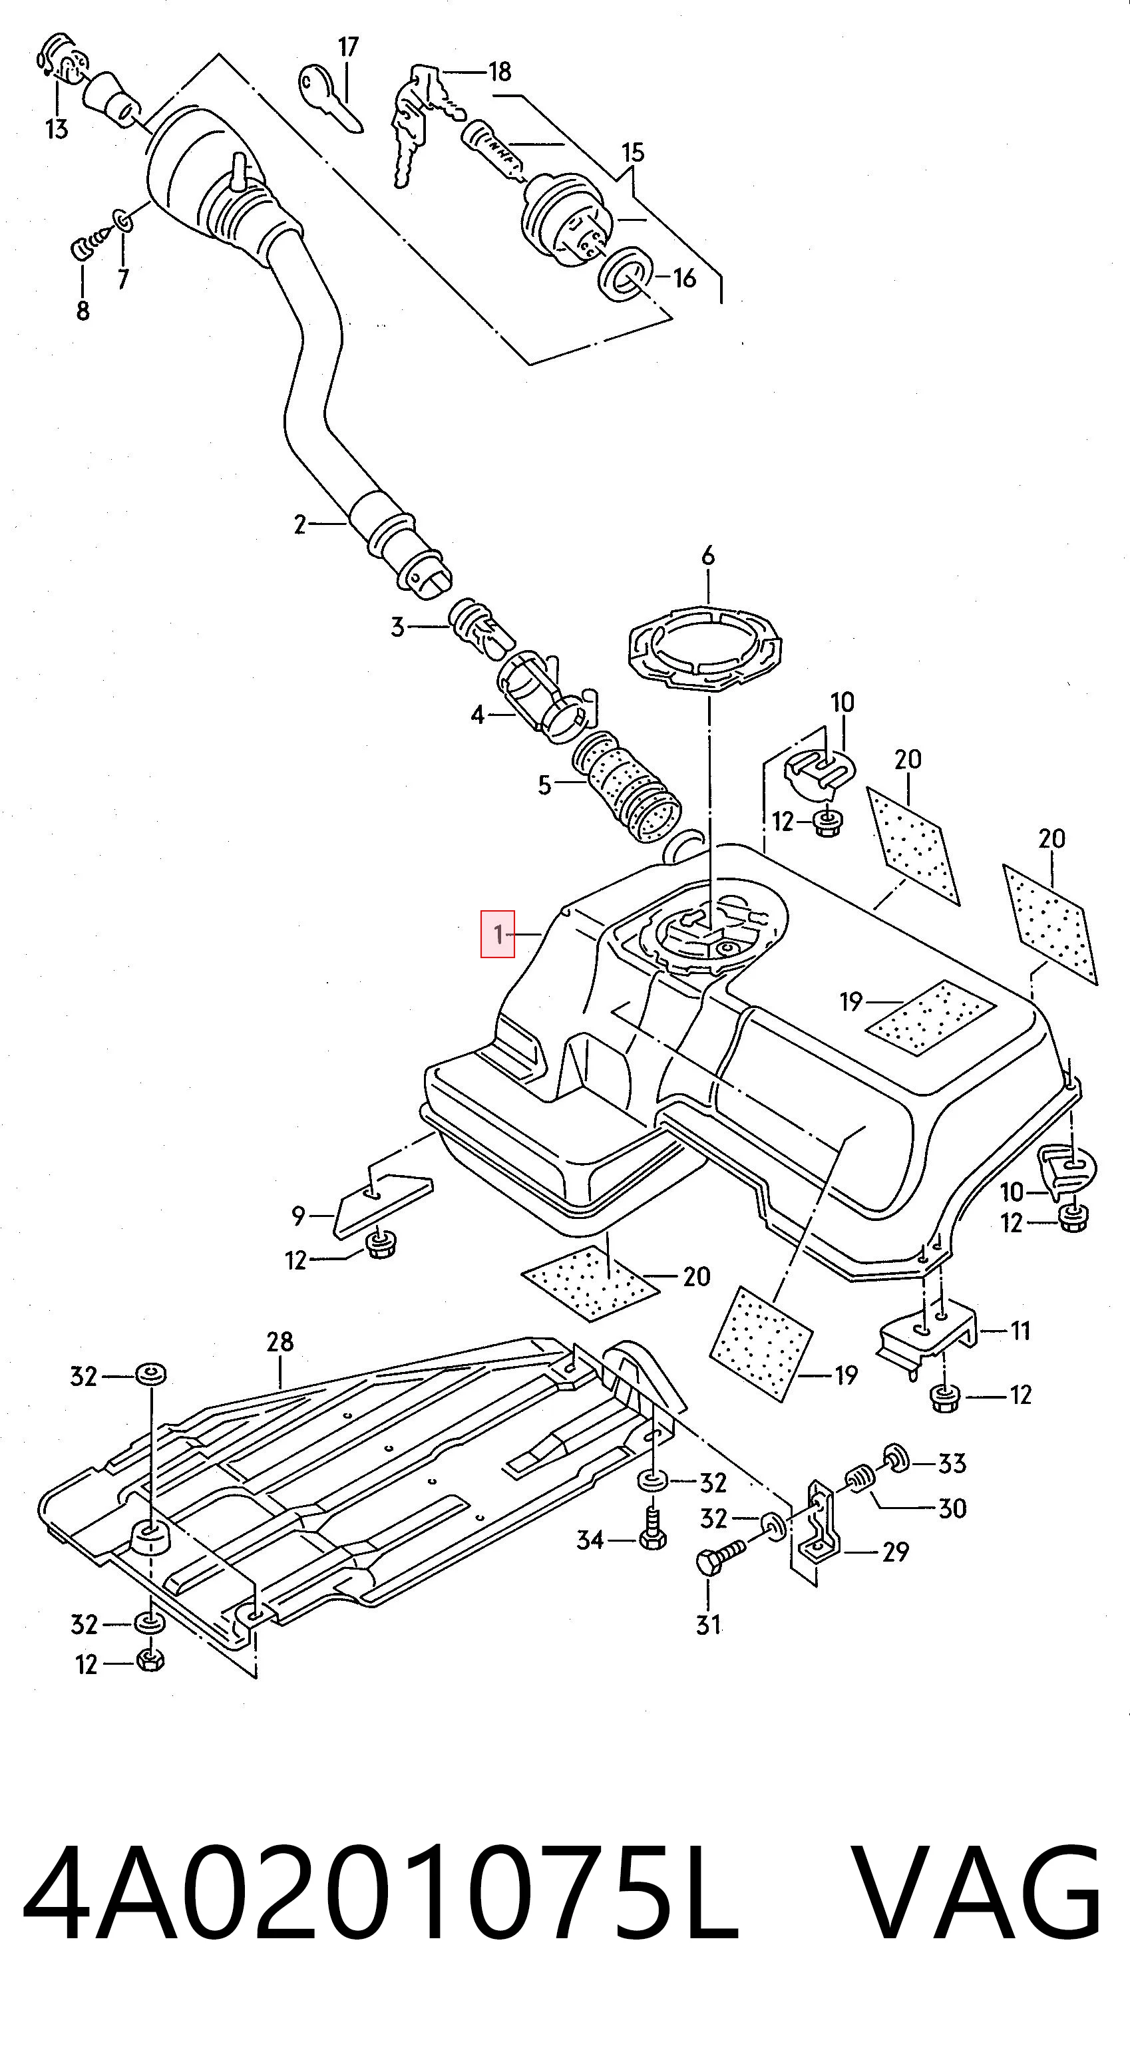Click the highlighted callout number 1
pos(497,933)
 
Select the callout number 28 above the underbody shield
pos(280,1341)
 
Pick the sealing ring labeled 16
pos(626,275)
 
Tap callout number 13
pos(57,128)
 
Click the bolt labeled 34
pos(652,1530)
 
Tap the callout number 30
pos(952,1508)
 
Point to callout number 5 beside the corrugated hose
pos(544,785)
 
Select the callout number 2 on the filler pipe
pos(299,525)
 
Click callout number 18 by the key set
pos(500,72)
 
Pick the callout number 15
pos(632,152)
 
